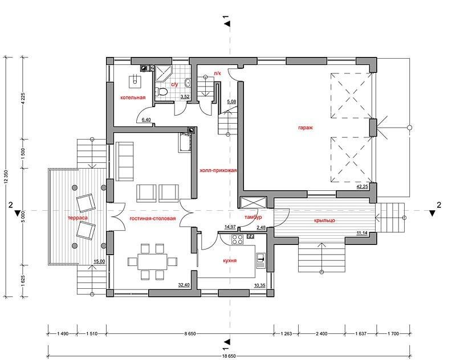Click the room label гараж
(306, 127)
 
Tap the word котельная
(133, 97)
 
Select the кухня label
(230, 260)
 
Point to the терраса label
(78, 218)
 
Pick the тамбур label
(253, 217)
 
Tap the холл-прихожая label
(218, 170)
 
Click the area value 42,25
(363, 186)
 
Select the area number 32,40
(184, 285)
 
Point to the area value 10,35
(259, 285)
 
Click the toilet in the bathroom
(161, 91)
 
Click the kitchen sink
(260, 261)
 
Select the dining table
(153, 261)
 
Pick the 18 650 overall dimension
(230, 356)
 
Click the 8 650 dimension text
(190, 334)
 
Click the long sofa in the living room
(124, 161)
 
